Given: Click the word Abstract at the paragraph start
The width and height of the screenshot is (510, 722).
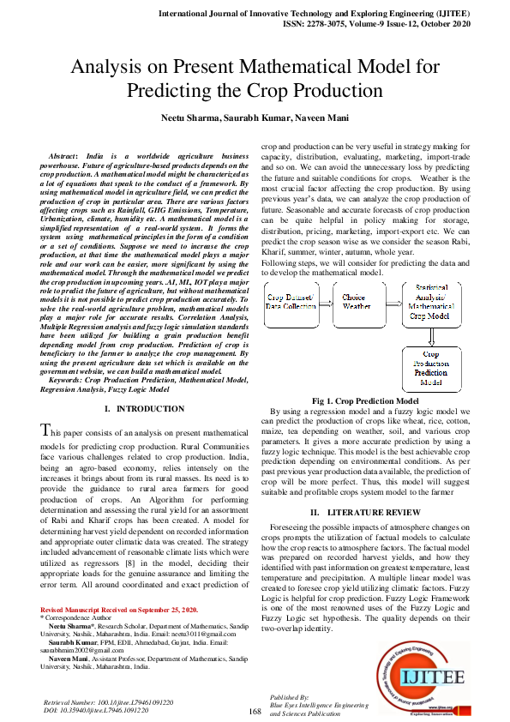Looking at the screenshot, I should coord(65,157).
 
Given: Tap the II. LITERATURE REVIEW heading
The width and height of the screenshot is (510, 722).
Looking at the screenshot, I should coord(366,512).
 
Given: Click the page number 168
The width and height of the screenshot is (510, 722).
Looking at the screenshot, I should coord(255,711).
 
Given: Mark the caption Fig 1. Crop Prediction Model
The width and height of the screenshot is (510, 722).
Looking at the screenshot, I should coord(366,400).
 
